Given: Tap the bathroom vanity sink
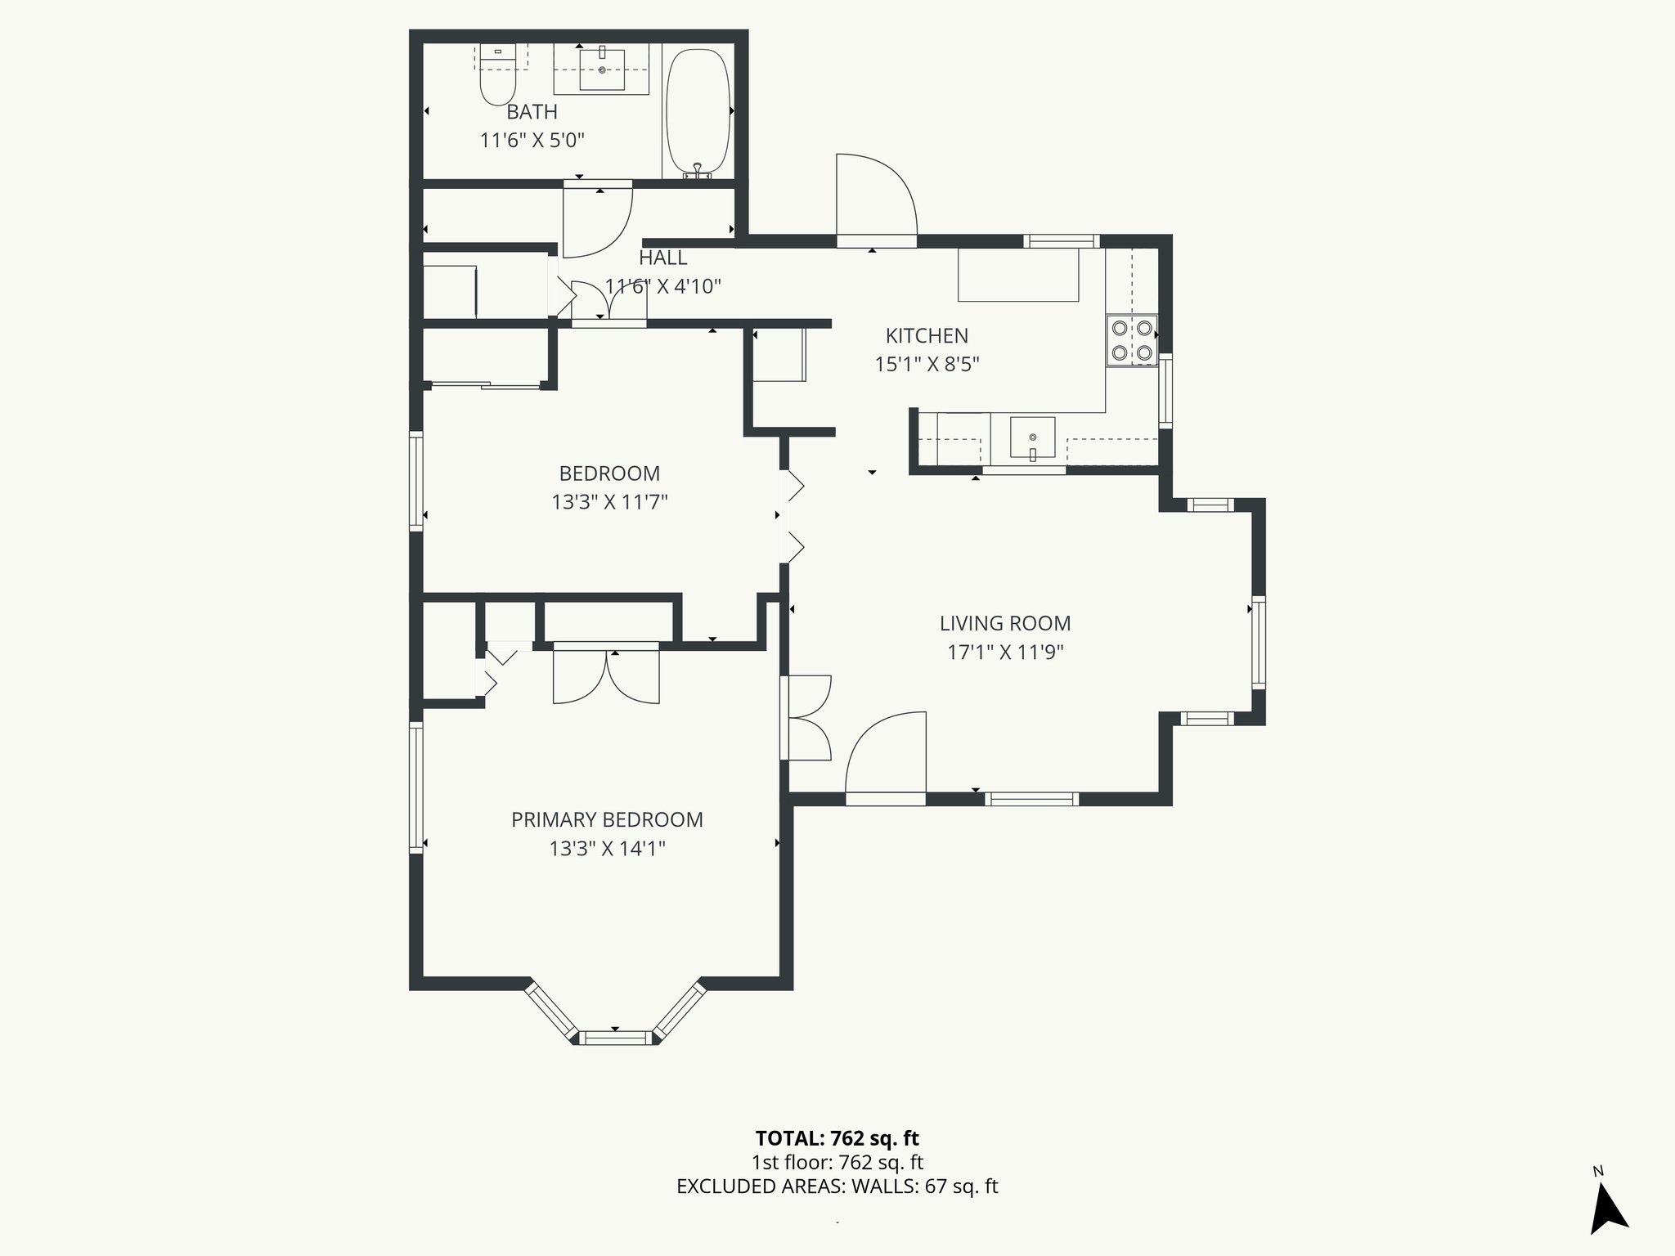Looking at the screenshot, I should pos(602,70).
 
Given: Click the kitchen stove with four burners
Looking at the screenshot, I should pos(1132,341).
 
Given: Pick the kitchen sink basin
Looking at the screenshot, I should pos(1032,438).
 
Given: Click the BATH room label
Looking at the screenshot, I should pos(532,112).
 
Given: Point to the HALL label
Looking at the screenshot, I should pos(662,258).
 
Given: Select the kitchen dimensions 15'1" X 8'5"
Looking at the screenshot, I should pos(927,365).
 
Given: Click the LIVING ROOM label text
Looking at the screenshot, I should pos(1004,624).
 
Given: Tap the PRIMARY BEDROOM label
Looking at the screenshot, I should pos(607,820).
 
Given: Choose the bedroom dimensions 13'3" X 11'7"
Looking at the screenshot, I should pos(609,502).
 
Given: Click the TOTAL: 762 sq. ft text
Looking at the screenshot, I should pos(837,1138).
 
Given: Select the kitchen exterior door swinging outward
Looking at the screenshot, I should pos(875,196).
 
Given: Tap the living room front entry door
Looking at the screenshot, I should pos(887,756).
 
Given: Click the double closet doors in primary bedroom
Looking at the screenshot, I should pos(606,675).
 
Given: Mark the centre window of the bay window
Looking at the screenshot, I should pos(615,1038).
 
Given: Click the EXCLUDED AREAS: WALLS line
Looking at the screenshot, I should pos(837,1186).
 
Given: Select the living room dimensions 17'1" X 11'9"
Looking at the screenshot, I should pos(1004,653).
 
